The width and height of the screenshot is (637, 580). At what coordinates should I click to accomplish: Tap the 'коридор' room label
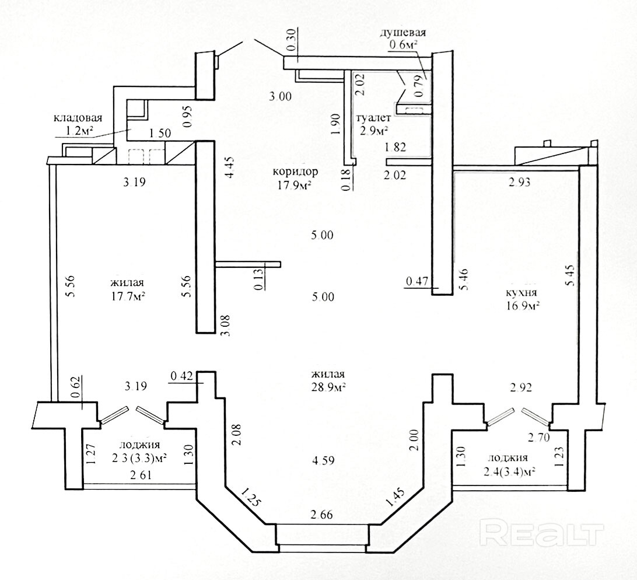[296, 172]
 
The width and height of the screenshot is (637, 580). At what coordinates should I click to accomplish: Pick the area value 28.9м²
[328, 387]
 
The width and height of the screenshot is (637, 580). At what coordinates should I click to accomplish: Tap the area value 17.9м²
[296, 186]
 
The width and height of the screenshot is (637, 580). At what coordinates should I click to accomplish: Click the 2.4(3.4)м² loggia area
[510, 471]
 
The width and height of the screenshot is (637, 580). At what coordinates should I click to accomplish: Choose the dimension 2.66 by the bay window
[322, 515]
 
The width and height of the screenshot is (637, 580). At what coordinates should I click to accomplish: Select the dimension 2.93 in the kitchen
[519, 182]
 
